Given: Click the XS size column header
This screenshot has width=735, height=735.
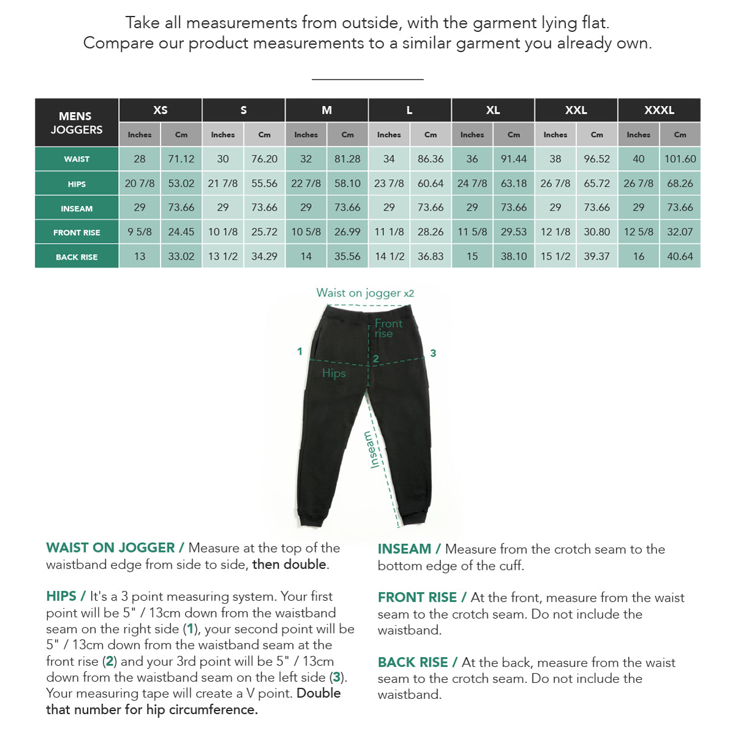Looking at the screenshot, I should (160, 110).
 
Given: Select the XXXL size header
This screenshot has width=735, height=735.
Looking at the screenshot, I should (659, 110).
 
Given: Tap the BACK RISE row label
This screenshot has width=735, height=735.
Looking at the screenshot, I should (77, 257).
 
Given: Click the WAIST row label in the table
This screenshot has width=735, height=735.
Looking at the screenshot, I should (77, 159).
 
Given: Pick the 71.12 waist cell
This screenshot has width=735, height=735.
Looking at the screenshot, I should (181, 159).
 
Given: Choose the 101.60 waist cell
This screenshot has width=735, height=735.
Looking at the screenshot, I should (680, 159).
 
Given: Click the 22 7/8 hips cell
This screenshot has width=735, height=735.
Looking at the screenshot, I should (306, 183).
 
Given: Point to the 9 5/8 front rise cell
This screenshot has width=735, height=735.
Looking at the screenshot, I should (140, 232).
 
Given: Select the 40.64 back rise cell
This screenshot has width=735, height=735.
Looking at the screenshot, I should (680, 257).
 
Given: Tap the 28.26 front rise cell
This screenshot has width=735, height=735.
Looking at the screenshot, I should (431, 232).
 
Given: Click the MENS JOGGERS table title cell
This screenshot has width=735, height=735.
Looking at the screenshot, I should (77, 123).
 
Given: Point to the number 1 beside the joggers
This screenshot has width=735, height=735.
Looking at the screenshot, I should (300, 352).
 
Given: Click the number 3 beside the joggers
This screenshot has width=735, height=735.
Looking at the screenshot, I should (433, 353).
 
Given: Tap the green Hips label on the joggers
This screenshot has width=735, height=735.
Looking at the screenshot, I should (334, 373).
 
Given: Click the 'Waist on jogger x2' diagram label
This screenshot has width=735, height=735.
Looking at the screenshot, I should (365, 293).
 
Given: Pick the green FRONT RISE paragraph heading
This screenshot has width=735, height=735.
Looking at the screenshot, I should (418, 597).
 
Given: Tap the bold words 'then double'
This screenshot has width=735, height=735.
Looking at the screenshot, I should (289, 564).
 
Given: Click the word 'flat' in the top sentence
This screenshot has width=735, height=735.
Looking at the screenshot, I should (594, 23).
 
